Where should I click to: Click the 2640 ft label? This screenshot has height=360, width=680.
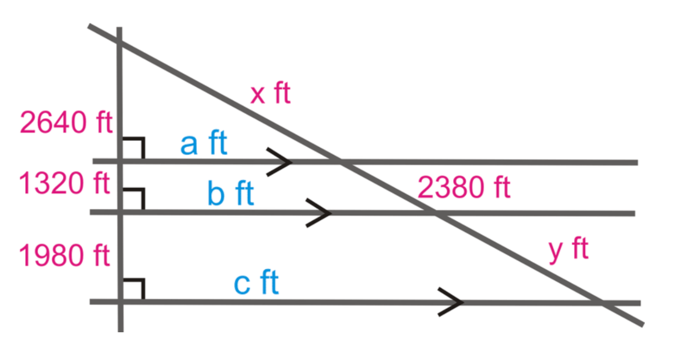tap(66, 122)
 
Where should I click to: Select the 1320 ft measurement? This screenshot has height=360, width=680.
tap(64, 183)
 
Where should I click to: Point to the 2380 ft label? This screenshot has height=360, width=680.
tap(464, 187)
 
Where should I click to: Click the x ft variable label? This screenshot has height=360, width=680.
tap(271, 93)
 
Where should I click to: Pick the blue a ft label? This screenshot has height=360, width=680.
tap(204, 143)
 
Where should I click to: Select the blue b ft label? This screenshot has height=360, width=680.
tap(231, 193)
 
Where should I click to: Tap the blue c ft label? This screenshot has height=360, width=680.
tap(256, 283)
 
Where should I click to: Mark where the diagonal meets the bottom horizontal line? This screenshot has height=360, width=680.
tap(601, 303)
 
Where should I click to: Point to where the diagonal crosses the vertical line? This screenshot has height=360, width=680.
tap(120, 42)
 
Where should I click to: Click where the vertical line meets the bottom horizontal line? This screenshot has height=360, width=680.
tap(121, 302)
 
